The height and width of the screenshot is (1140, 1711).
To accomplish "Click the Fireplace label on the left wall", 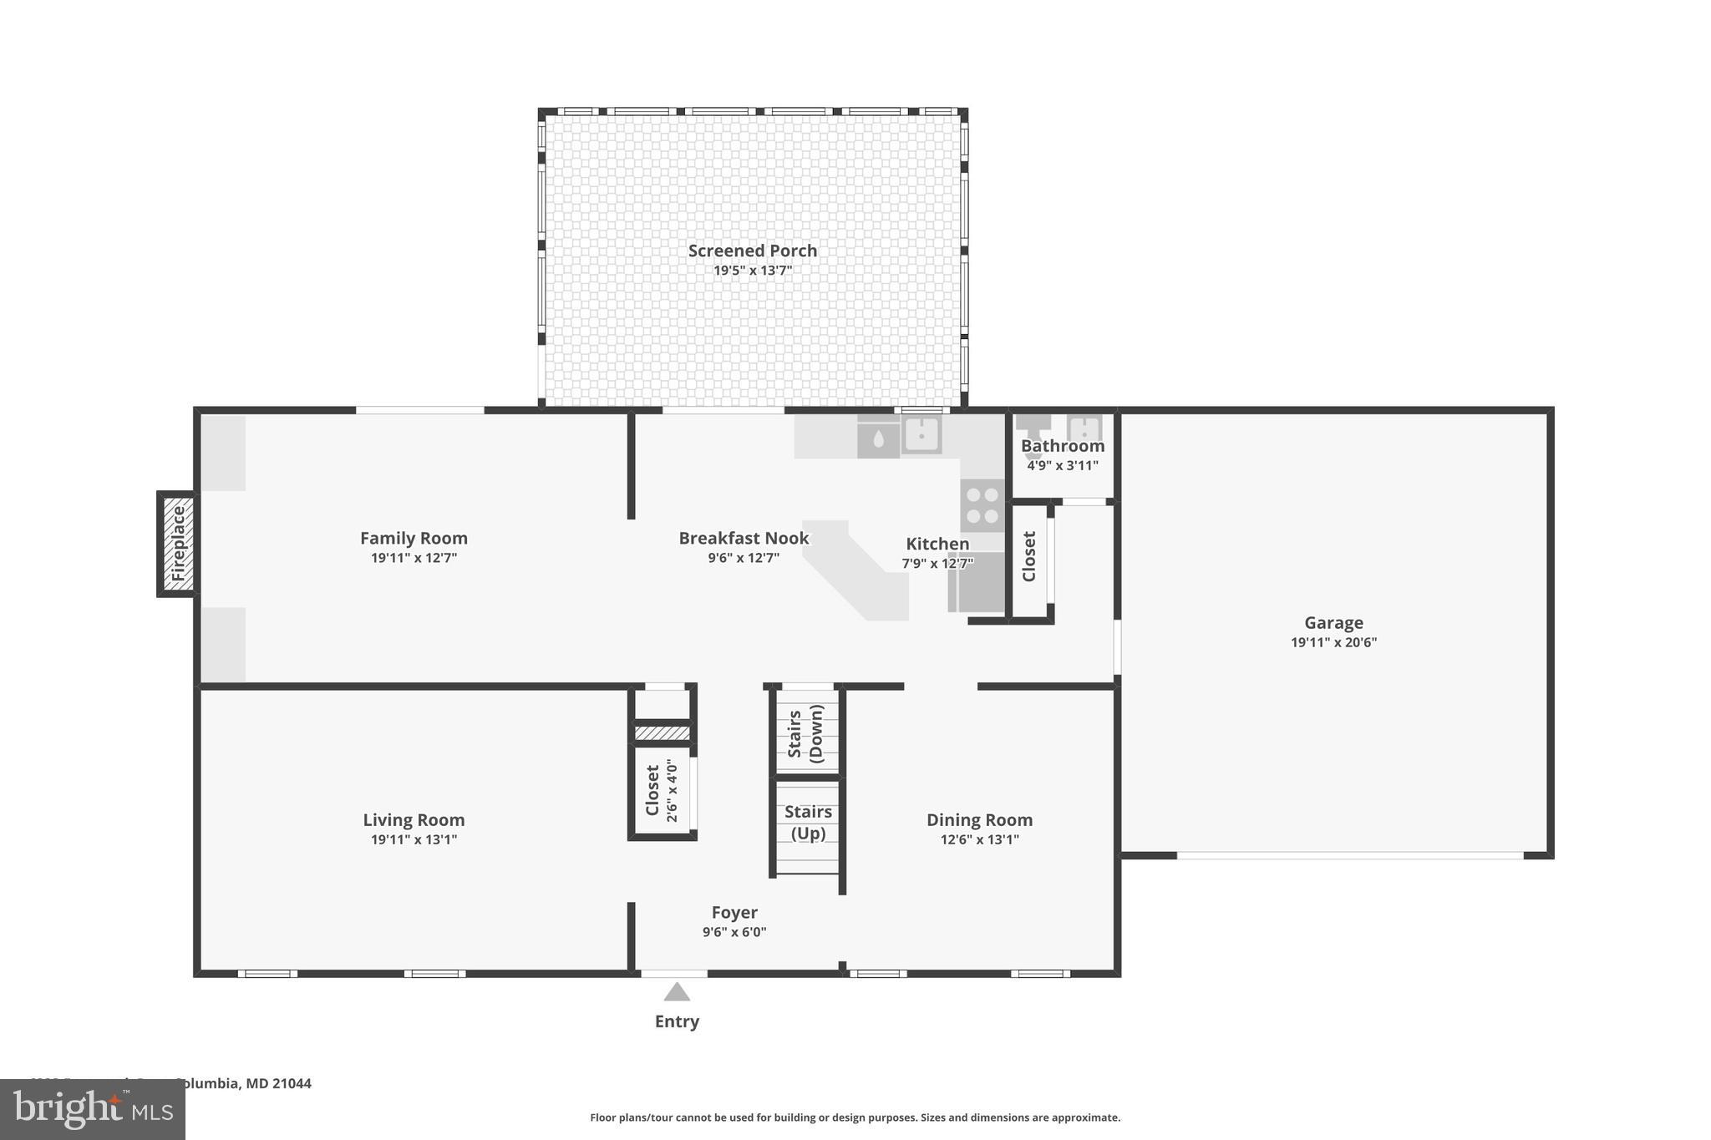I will (178, 544).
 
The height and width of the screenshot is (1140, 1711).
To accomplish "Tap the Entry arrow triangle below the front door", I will (677, 992).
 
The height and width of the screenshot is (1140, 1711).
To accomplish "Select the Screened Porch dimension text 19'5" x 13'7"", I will (752, 271).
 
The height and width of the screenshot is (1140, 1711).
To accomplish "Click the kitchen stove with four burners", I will (982, 504).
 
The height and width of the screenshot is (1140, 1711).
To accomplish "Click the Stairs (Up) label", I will (808, 823).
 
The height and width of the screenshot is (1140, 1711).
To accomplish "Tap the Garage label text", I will (1333, 622).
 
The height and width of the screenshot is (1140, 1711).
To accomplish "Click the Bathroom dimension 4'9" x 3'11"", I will (1062, 465).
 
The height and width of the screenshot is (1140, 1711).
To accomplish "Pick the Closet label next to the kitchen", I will (1028, 556).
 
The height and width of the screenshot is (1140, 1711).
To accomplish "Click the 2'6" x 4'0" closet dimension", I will (672, 790).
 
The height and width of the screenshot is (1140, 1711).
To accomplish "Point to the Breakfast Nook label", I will (744, 538).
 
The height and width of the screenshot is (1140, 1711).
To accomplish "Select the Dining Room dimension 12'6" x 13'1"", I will (979, 839).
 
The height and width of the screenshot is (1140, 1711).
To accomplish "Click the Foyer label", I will (734, 912).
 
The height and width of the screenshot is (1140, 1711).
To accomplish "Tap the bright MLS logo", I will (93, 1109).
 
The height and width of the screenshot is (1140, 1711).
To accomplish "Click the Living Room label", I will (414, 819).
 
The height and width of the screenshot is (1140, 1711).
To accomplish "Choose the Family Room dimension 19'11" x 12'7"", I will (414, 558).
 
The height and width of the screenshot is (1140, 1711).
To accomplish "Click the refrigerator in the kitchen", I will (977, 582).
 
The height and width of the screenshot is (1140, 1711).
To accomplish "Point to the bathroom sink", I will (1084, 428).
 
